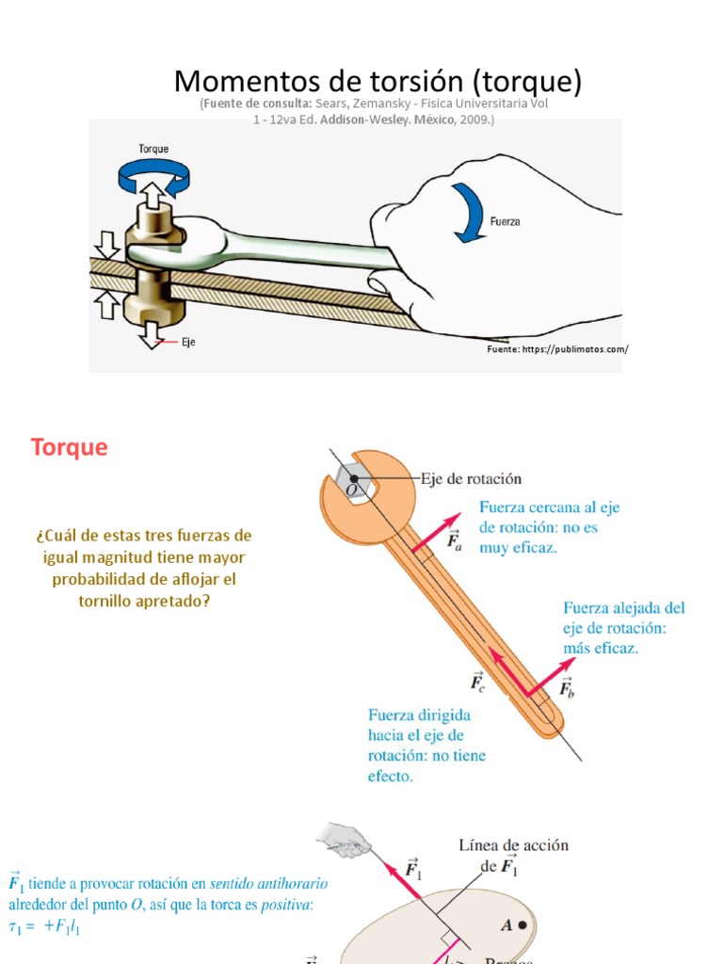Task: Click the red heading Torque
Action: [70, 447]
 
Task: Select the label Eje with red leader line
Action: [189, 343]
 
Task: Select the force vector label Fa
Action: [453, 539]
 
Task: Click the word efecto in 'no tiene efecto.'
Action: [390, 777]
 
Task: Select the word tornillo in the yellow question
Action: [109, 601]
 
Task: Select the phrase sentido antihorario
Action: [268, 885]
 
